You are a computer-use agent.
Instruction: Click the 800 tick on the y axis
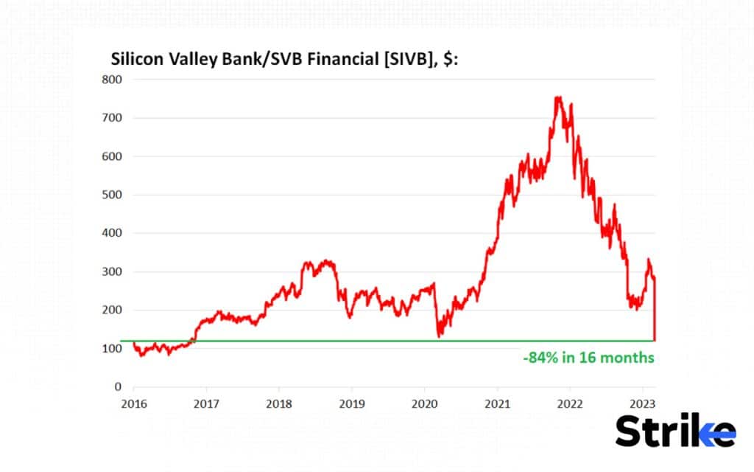pyautogui.click(x=111, y=80)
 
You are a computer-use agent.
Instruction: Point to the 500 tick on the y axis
pyautogui.click(x=111, y=195)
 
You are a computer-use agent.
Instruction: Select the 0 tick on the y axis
pyautogui.click(x=117, y=386)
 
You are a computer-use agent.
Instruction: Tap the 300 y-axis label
pyautogui.click(x=111, y=271)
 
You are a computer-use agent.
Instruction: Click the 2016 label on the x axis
pyautogui.click(x=133, y=403)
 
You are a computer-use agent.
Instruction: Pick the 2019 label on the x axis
pyautogui.click(x=351, y=403)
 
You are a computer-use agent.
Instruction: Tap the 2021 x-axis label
pyautogui.click(x=497, y=403)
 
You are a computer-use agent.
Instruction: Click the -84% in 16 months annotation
pyautogui.click(x=588, y=358)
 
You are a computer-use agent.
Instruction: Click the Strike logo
pyautogui.click(x=674, y=430)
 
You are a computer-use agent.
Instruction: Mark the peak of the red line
pyautogui.click(x=558, y=97)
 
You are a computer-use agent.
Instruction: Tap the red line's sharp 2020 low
pyautogui.click(x=440, y=336)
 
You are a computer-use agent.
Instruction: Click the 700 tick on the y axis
pyautogui.click(x=111, y=118)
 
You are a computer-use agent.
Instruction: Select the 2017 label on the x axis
pyautogui.click(x=206, y=403)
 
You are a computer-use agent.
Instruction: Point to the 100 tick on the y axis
pyautogui.click(x=111, y=348)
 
